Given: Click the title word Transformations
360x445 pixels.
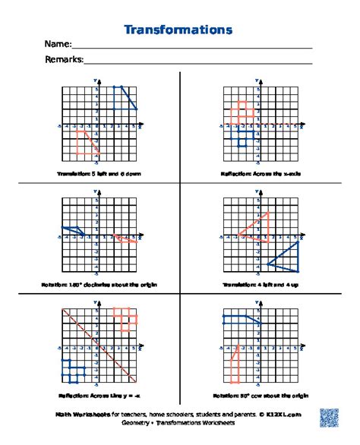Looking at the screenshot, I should click(178, 30).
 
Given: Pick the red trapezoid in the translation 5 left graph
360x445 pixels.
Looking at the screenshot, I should click(86, 142).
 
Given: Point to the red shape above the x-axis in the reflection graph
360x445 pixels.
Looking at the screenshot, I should click(242, 112).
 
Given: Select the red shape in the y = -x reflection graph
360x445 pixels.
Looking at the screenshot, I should click(123, 317).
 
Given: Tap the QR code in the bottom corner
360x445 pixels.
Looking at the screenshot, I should click(330, 417).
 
